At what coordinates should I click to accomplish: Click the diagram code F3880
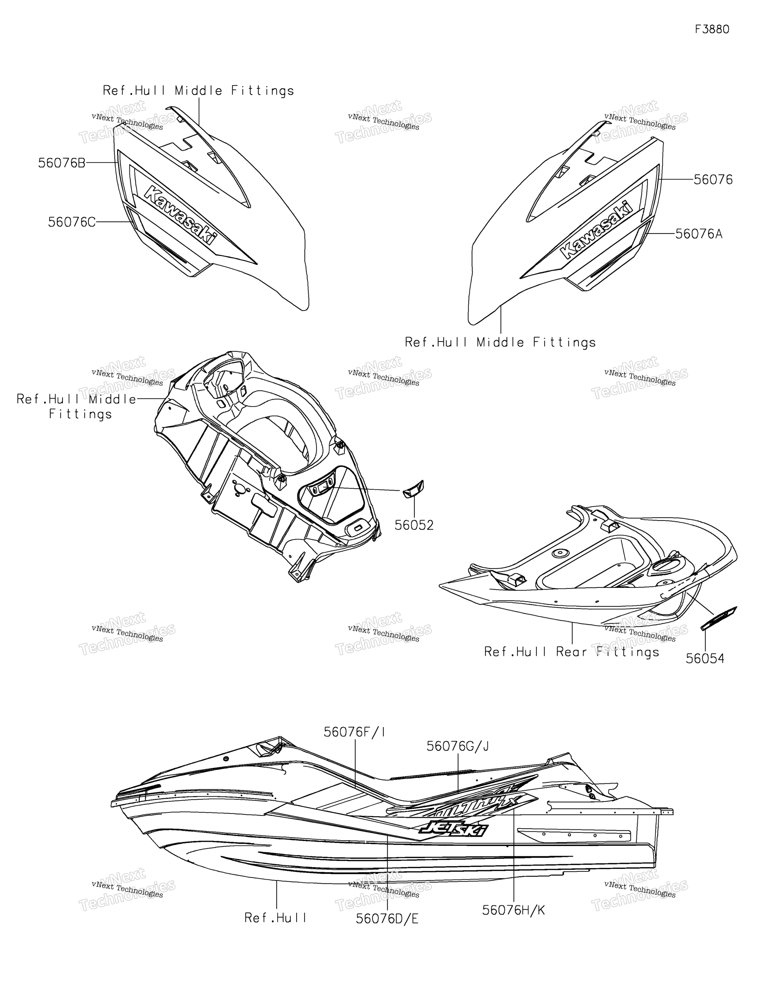point(712,29)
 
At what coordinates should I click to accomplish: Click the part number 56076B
point(62,163)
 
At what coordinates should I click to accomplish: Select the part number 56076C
point(72,222)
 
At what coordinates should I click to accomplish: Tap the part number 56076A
point(699,234)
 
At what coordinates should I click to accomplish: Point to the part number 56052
point(414,525)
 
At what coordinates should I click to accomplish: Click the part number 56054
point(705,659)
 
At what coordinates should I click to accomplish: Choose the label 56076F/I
point(354,732)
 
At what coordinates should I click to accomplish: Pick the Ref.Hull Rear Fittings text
point(572,652)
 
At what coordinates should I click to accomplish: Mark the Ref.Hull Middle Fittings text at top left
point(198,90)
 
